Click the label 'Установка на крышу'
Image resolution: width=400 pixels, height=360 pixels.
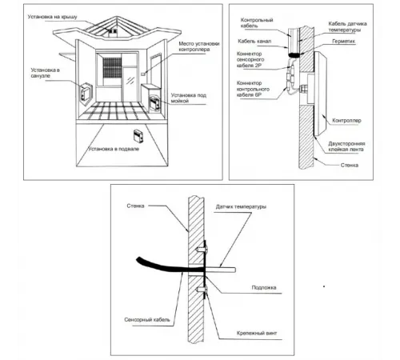52,17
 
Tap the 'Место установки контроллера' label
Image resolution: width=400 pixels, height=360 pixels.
199,46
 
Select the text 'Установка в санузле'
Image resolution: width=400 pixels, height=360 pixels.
45,73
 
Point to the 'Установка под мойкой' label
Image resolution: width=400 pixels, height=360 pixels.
189,98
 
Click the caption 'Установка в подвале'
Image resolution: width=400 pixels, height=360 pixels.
114,149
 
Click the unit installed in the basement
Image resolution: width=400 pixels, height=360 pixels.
138,135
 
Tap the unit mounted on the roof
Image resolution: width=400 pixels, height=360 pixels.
113,31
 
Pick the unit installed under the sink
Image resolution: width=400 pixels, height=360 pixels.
154,102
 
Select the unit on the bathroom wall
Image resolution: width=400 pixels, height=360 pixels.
86,92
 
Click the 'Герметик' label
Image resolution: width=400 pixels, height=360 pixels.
343,42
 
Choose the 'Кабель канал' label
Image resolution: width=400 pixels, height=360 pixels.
254,42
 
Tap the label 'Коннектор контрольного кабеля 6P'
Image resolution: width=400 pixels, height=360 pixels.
253,89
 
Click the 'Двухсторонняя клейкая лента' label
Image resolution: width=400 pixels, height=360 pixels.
346,146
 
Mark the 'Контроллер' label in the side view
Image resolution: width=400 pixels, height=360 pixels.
346,121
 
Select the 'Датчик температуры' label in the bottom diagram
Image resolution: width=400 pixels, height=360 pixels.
241,206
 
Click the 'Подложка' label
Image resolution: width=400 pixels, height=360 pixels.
264,287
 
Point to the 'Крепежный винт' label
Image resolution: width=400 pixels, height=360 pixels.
257,333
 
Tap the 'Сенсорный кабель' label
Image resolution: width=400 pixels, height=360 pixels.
147,319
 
